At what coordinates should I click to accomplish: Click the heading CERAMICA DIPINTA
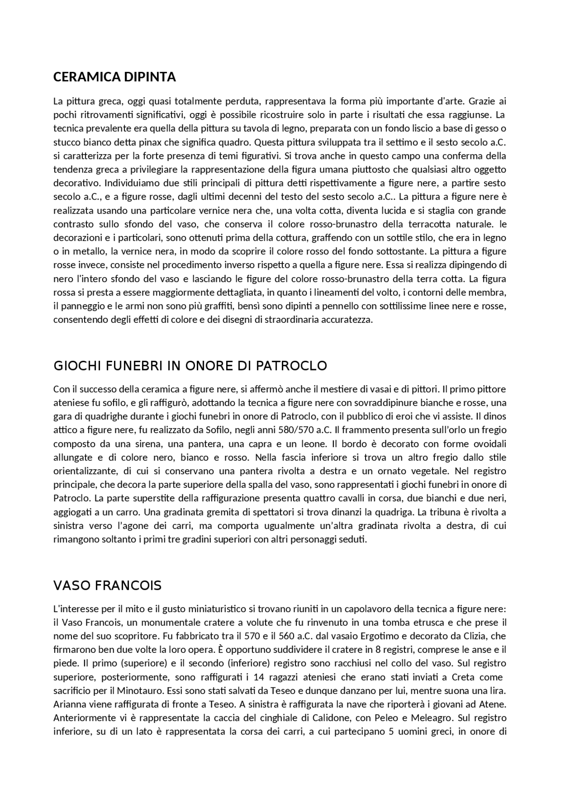(114, 77)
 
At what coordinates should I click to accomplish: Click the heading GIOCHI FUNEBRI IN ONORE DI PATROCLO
(190, 366)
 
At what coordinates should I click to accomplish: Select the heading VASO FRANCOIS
(107, 585)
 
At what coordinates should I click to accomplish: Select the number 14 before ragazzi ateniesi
(259, 677)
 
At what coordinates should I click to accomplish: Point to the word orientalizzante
(85, 471)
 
